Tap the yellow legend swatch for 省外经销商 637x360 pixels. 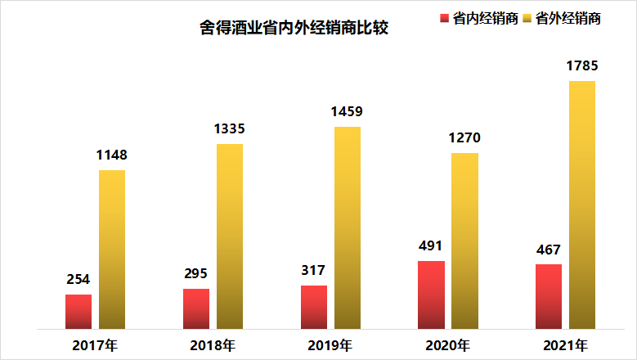(527, 19)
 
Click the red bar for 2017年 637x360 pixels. (79, 312)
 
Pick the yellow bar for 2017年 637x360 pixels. (112, 250)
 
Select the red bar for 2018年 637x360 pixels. (196, 308)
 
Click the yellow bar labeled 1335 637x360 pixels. (230, 236)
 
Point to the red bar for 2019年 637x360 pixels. (314, 307)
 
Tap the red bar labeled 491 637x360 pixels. (432, 295)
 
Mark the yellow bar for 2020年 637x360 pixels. (464, 241)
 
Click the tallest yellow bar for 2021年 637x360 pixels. (582, 205)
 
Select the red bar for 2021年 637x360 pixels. (549, 296)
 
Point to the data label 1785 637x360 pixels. (582, 65)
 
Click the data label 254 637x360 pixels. (79, 279)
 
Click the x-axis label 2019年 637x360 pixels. (330, 344)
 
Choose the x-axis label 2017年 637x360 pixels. (96, 344)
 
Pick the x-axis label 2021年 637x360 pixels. (566, 344)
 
